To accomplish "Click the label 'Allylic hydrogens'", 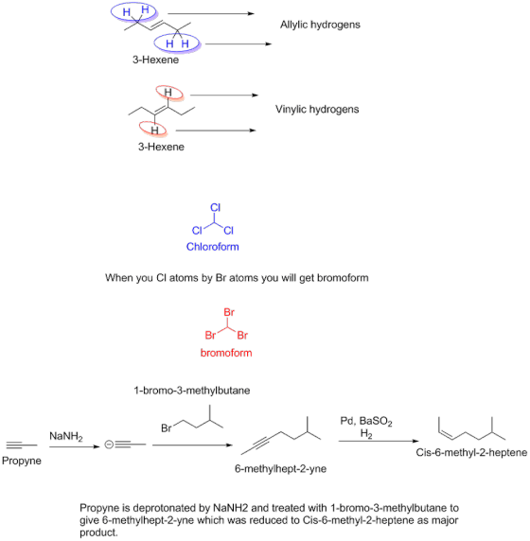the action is tap(320, 25).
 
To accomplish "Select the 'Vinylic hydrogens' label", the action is tap(317, 110).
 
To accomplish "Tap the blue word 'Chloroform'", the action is tap(212, 247).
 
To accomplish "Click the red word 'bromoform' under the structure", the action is tap(226, 353).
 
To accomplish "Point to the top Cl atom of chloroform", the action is tap(215, 207).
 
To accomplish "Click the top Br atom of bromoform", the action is tap(229, 312).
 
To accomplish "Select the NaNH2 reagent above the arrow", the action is tap(66, 436).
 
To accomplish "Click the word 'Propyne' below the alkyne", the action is tap(22, 461).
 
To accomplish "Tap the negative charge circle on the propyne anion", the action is tap(109, 445).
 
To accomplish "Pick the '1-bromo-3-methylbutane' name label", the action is tap(192, 391).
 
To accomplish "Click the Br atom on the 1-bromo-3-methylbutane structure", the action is tap(166, 428).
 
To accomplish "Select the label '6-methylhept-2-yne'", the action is tap(280, 468).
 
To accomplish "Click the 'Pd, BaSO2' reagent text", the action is tap(366, 421).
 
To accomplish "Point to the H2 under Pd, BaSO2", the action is tap(366, 433).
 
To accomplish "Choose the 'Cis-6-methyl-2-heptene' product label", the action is tap(471, 452).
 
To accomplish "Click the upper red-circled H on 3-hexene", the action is tap(168, 92).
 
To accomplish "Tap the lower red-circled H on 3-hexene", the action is tap(154, 131).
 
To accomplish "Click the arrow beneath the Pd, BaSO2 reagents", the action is tap(379, 441).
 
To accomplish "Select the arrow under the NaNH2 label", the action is tap(74, 446).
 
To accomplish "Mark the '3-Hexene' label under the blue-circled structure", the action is tap(156, 60).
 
